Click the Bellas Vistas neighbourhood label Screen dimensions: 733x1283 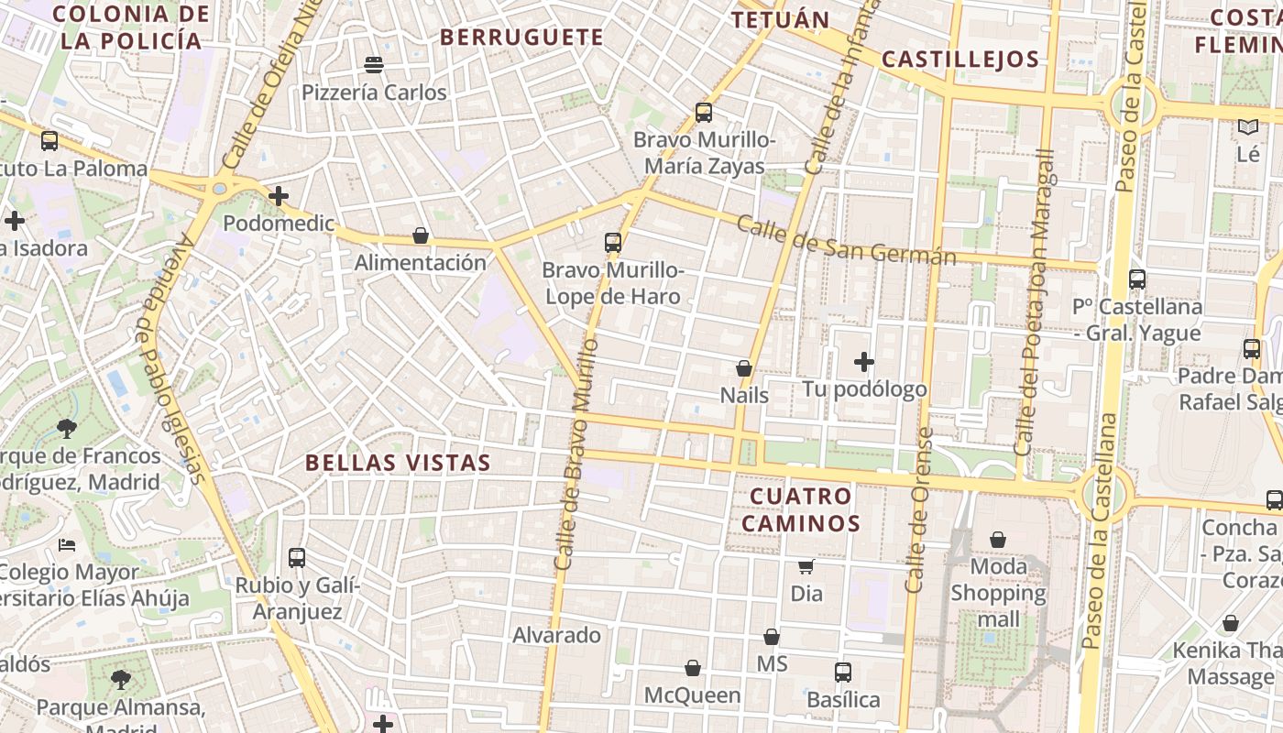tap(398, 463)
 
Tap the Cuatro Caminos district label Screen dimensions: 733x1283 tap(801, 510)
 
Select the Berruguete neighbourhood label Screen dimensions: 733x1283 tap(521, 38)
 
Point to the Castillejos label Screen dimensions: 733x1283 tap(960, 60)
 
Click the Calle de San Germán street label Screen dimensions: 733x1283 tap(846, 240)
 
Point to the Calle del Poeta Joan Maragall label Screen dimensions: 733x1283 tap(1036, 302)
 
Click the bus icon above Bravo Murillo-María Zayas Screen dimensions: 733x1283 tap(704, 113)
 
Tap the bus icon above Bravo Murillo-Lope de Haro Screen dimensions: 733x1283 tap(613, 243)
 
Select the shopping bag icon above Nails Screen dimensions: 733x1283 tap(744, 368)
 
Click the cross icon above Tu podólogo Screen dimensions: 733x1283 tap(863, 362)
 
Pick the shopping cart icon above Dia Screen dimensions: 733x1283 tap(806, 566)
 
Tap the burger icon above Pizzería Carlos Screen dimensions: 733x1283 tap(374, 65)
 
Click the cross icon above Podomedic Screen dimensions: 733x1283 tap(279, 196)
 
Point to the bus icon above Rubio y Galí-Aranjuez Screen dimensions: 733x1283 tap(297, 557)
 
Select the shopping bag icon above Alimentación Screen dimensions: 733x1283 tap(421, 235)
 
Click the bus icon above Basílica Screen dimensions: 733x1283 tap(843, 673)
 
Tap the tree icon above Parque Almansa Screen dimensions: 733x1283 tap(120, 679)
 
